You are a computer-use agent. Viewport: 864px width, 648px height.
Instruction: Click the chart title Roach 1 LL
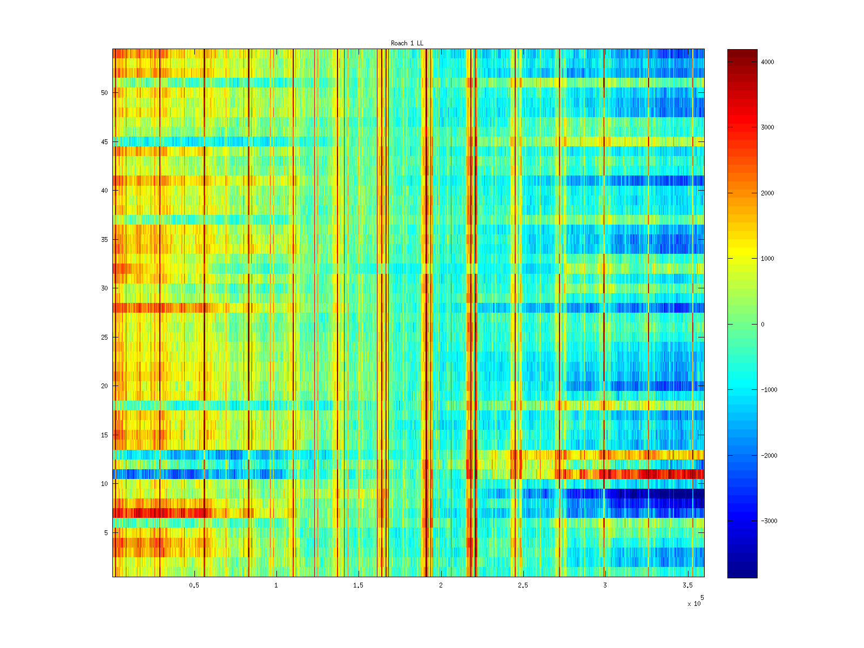pos(407,43)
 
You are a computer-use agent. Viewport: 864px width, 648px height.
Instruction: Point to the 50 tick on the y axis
pos(104,93)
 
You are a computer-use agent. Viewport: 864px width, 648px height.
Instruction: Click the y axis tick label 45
pos(104,142)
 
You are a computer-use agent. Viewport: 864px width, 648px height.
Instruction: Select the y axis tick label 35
pos(104,240)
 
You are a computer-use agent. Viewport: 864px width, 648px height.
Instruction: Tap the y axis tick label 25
pos(104,337)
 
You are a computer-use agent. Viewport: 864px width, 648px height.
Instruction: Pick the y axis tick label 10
pos(104,484)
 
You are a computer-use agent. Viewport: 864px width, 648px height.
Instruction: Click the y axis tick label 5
pos(106,533)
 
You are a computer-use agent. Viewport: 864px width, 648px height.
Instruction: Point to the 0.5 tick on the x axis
pos(194,585)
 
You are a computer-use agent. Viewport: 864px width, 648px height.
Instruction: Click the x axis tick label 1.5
pos(358,585)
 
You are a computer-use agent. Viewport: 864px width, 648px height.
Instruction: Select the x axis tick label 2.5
pos(523,585)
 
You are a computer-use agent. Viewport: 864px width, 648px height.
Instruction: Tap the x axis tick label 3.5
pos(687,585)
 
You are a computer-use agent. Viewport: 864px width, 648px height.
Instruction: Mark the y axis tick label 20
pos(104,386)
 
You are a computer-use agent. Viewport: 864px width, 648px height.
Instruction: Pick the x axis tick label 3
pos(605,585)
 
